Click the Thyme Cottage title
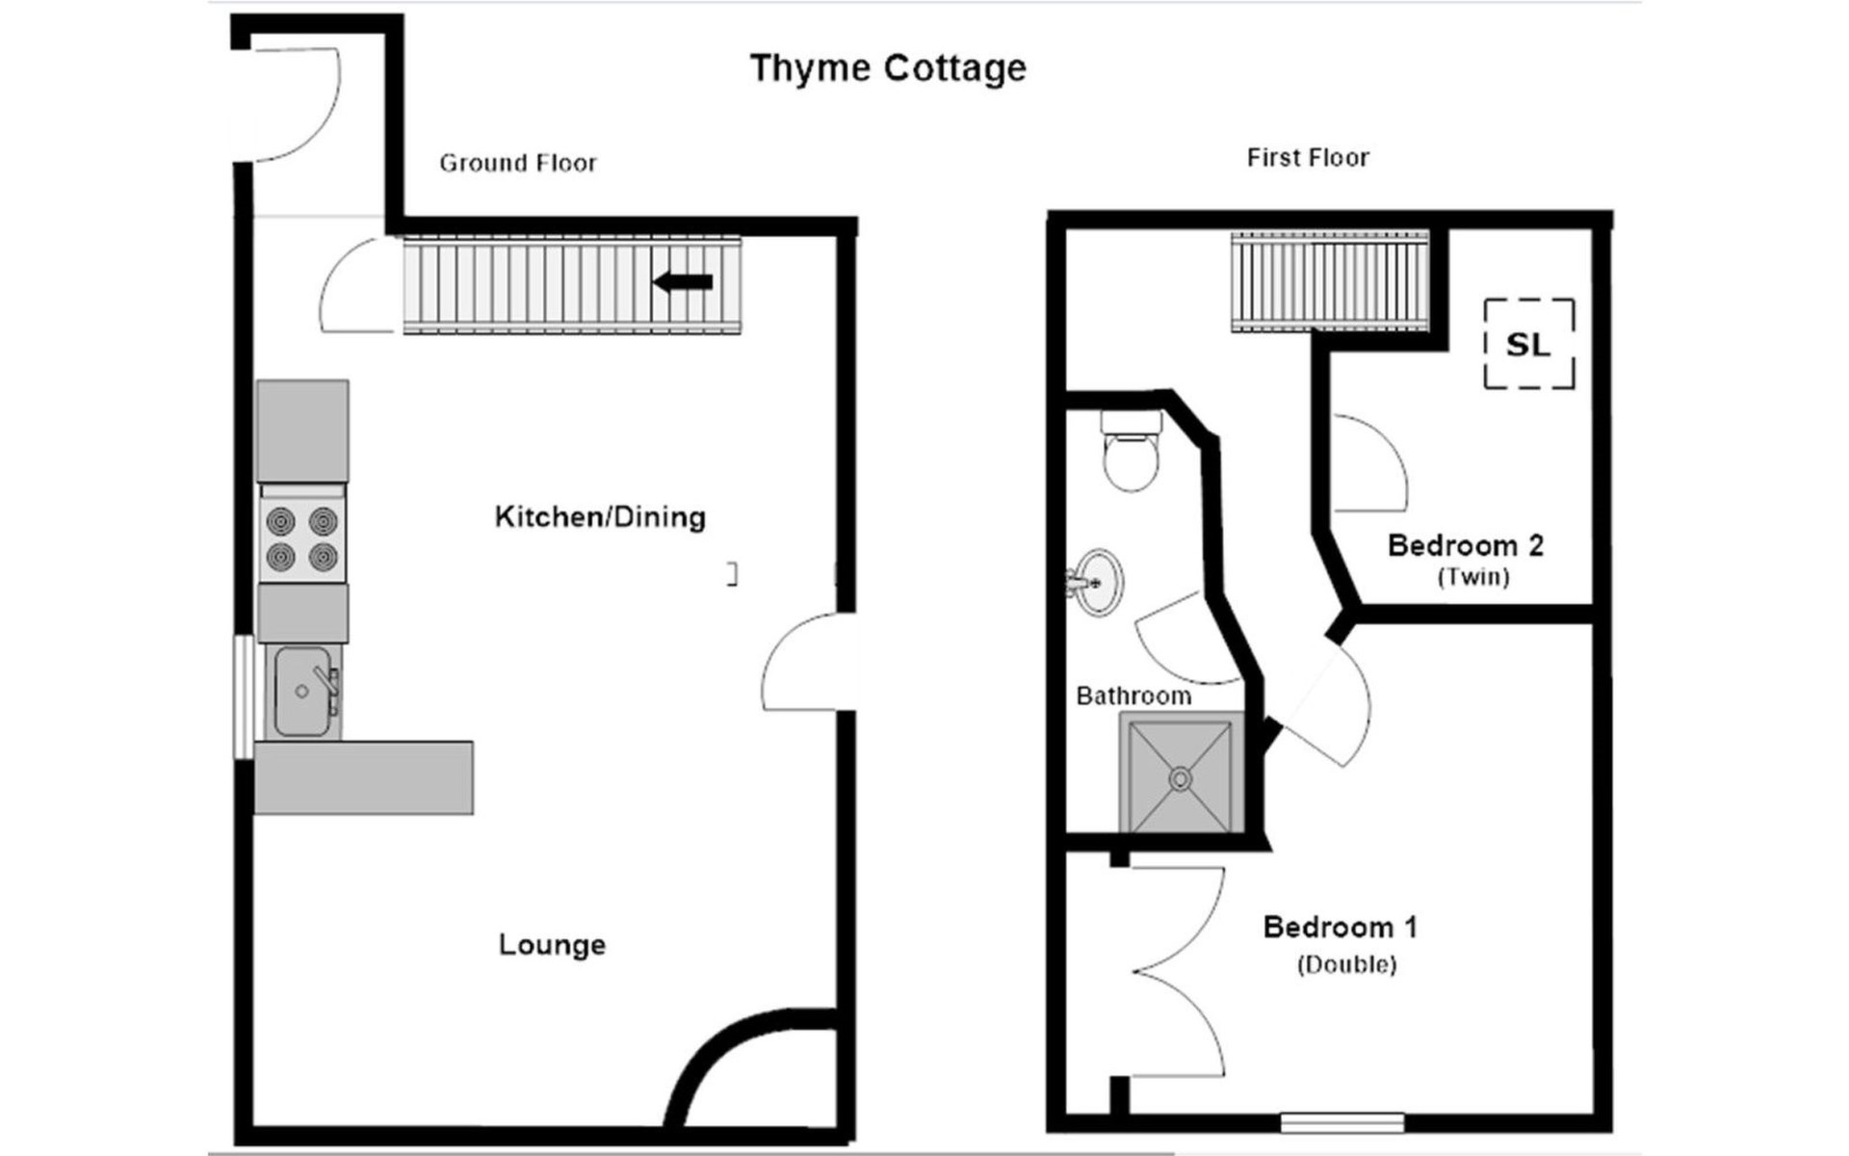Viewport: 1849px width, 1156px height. coord(888,68)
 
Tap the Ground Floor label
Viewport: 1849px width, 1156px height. coord(518,163)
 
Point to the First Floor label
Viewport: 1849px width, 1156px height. coord(1308,157)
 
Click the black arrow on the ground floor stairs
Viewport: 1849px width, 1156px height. coord(683,282)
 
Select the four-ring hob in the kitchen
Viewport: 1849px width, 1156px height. coord(302,539)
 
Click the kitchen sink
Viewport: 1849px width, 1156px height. coord(302,691)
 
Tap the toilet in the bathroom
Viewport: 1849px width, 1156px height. coord(1131,451)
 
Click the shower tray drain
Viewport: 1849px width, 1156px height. coord(1181,777)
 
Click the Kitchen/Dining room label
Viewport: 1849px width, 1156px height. coord(600,517)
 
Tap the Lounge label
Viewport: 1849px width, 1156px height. coord(552,944)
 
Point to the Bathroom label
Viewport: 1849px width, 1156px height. coord(1133,696)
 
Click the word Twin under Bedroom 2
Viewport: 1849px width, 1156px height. coord(1473,577)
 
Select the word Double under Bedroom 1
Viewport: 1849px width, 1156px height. coord(1346,964)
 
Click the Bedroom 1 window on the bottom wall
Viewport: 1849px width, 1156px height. coord(1341,1122)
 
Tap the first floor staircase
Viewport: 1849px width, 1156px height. coord(1330,282)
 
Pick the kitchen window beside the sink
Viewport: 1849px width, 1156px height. coord(244,696)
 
